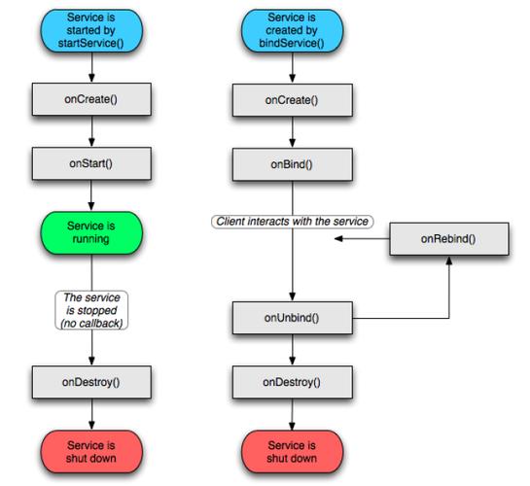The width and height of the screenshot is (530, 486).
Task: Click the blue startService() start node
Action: pos(91,30)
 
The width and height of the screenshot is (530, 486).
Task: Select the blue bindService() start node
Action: pos(292,30)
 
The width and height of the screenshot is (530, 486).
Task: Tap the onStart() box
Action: pos(91,163)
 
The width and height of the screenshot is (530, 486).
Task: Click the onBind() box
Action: pos(292,164)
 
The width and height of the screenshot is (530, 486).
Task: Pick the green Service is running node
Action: pos(91,232)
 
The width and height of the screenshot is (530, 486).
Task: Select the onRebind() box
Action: pos(449,239)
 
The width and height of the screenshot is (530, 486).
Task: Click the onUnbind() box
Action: pos(292,318)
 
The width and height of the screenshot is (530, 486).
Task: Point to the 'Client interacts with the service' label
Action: pos(292,222)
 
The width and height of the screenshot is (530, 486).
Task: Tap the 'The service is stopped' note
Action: pos(91,310)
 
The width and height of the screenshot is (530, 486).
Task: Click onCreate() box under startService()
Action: pos(91,99)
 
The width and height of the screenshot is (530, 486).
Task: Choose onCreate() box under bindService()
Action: pos(292,100)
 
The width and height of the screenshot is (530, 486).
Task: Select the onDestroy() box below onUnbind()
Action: pos(292,382)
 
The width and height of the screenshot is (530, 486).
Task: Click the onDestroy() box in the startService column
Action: pos(91,382)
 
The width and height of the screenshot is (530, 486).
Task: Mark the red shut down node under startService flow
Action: pos(91,452)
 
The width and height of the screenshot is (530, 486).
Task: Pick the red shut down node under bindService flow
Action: pos(292,452)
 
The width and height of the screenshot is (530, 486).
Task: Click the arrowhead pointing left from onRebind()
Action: pos(338,239)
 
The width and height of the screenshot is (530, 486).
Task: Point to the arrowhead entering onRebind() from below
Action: pos(449,260)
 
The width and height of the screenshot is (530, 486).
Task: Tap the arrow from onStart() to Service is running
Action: pos(91,195)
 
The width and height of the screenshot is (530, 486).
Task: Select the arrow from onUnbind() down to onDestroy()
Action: pos(293,350)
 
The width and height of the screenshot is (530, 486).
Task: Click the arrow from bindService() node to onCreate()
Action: pos(293,68)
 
